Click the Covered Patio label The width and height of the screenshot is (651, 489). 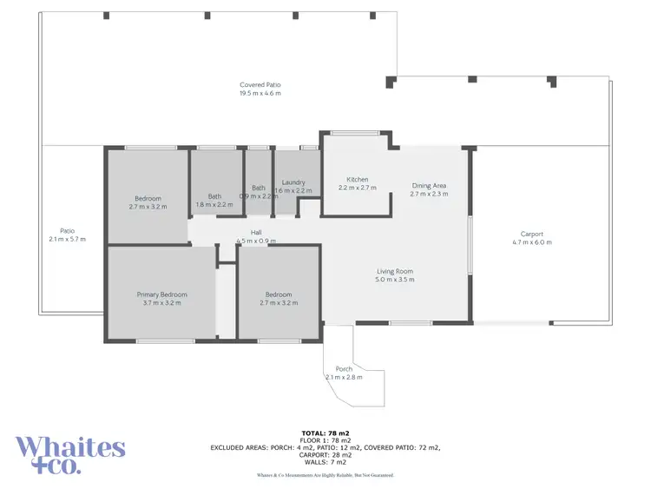pos(260,85)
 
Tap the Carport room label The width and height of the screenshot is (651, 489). pos(531,234)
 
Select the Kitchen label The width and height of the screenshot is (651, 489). pos(358,179)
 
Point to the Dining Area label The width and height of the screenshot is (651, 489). pos(429,186)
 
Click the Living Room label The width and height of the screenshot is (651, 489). pos(394,271)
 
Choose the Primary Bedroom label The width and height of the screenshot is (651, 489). pos(161,294)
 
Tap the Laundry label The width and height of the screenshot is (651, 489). pos(293,182)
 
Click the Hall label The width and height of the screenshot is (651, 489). pos(256,232)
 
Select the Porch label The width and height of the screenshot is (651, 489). pos(344,369)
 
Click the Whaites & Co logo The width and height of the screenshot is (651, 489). pos(70,454)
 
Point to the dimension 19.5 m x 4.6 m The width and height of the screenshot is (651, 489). pos(260,93)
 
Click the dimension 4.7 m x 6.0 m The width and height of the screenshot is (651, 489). pos(531,242)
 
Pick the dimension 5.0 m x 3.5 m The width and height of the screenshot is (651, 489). pos(394,280)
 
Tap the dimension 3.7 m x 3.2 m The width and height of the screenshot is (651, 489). pos(161,303)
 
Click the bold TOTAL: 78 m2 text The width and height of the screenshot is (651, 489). pos(325,433)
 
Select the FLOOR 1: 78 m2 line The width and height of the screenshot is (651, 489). pos(325,440)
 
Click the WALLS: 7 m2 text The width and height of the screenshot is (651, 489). pos(325,461)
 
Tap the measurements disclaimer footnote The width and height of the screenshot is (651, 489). pos(325,475)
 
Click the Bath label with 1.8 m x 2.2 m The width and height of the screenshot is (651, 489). pos(214,195)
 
